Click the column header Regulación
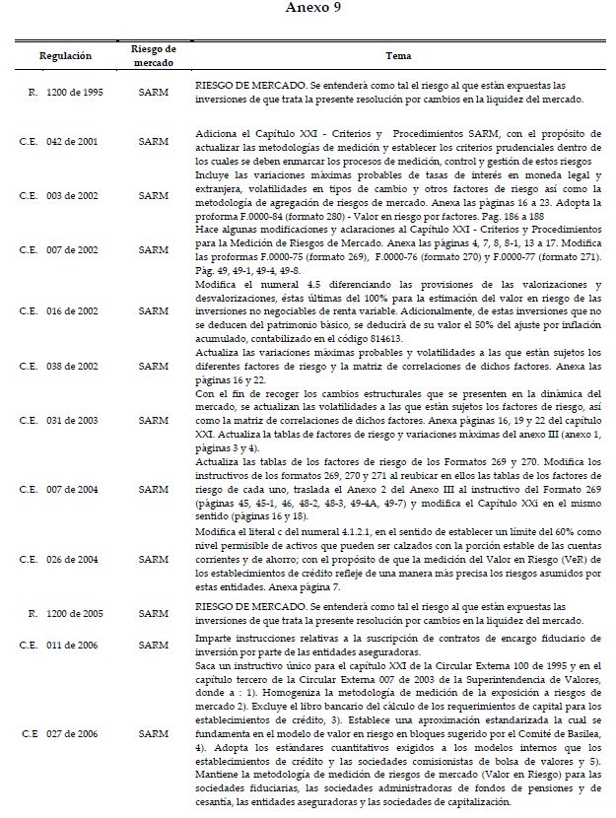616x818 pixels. (x=66, y=56)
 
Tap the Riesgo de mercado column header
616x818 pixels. (x=154, y=56)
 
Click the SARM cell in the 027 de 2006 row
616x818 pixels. (x=154, y=733)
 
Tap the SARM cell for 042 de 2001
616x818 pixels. (x=154, y=141)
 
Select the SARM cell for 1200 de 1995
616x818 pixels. (x=154, y=93)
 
